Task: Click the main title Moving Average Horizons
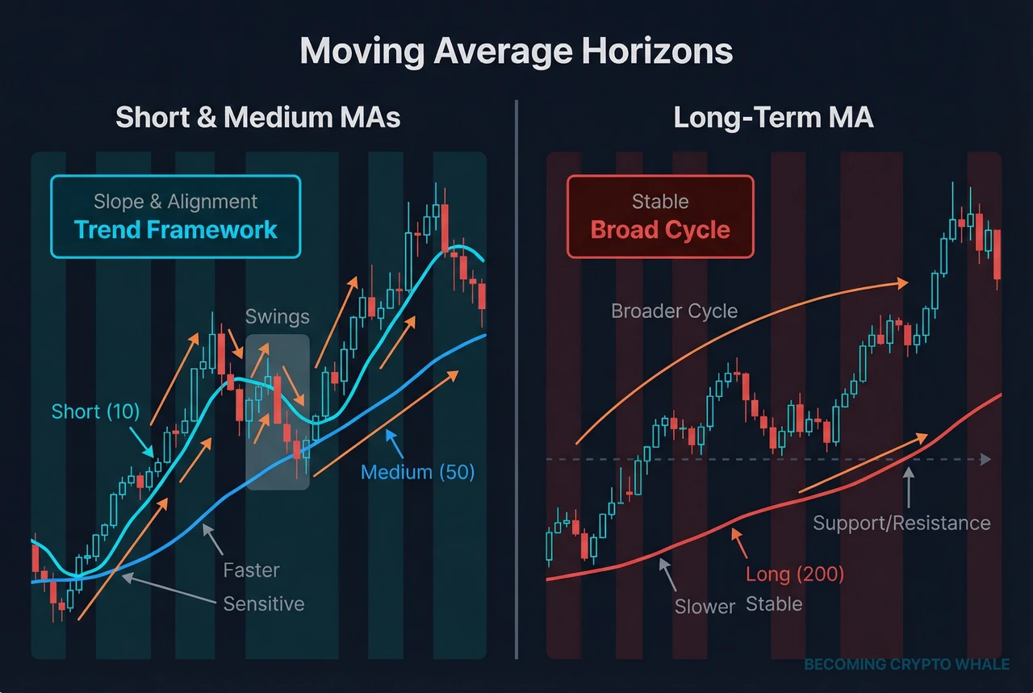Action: [516, 52]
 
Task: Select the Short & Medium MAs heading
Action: [258, 118]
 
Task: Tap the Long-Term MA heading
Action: [773, 118]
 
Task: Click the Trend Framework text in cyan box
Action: [176, 229]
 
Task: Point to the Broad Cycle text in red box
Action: [660, 229]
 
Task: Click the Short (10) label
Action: [95, 411]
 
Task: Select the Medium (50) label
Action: [417, 472]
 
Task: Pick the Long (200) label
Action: [795, 574]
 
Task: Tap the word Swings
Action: [277, 315]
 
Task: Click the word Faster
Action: [251, 570]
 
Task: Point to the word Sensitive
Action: [264, 603]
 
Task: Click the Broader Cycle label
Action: [674, 311]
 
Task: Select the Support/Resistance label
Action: [901, 523]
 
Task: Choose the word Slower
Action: [705, 606]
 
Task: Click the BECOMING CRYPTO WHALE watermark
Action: [906, 665]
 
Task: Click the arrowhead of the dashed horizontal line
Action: [985, 460]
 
